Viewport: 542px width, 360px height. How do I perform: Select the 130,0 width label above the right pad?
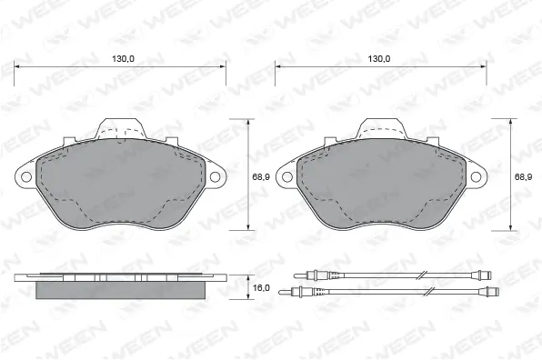pyautogui.click(x=379, y=58)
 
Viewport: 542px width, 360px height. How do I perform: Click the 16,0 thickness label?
pyautogui.click(x=261, y=287)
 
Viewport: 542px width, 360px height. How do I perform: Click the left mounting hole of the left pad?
pyautogui.click(x=26, y=176)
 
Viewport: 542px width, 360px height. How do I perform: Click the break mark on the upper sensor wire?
pyautogui.click(x=422, y=274)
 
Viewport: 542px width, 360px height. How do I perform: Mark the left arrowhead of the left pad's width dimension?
pyautogui.click(x=19, y=67)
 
